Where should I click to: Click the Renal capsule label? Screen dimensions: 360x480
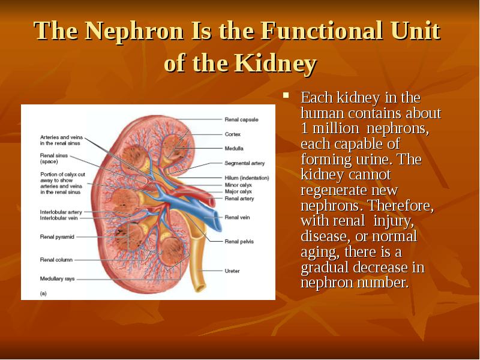click(x=241, y=119)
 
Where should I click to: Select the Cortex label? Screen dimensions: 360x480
click(x=232, y=134)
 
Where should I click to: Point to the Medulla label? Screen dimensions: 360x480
click(x=233, y=148)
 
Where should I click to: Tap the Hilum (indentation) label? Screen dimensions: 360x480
click(x=246, y=178)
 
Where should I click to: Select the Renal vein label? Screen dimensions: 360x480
click(x=236, y=217)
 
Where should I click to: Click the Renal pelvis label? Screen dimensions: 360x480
click(x=238, y=241)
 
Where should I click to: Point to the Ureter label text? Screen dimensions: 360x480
click(x=232, y=271)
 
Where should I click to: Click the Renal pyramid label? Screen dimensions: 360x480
click(x=57, y=237)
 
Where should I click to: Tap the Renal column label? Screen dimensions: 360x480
click(x=56, y=260)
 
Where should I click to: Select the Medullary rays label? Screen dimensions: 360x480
click(x=58, y=279)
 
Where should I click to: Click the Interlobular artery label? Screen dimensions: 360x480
click(x=61, y=212)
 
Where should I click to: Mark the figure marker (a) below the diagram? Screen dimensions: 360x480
click(x=43, y=293)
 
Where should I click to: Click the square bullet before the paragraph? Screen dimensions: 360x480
click(x=287, y=94)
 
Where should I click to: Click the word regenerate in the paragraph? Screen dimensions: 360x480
click(x=331, y=190)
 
